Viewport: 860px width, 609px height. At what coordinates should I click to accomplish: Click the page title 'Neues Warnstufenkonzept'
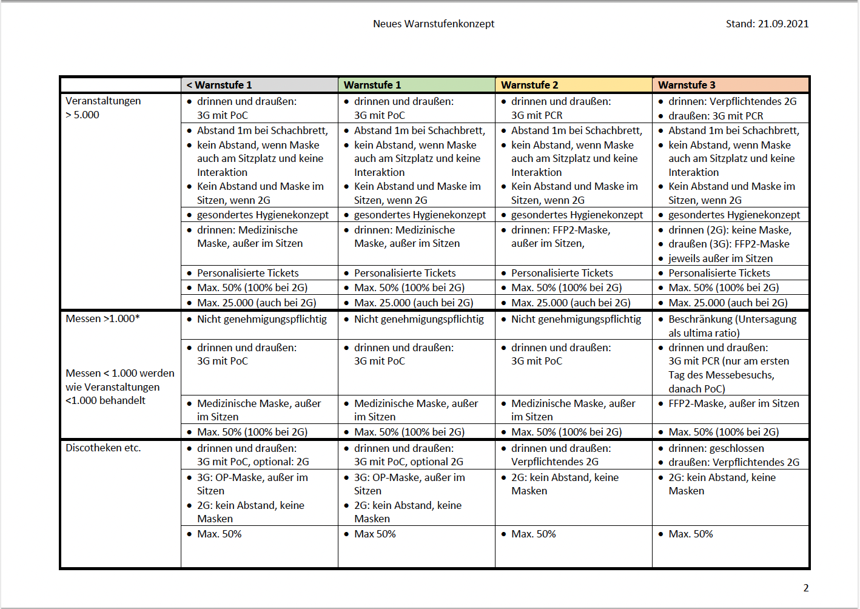(434, 24)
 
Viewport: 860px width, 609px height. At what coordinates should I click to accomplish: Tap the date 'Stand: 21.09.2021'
(767, 24)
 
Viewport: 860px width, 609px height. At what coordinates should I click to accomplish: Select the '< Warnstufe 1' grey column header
(219, 85)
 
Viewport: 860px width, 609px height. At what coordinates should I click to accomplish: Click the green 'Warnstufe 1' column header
(372, 85)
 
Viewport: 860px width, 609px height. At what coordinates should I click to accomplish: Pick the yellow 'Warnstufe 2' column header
(529, 85)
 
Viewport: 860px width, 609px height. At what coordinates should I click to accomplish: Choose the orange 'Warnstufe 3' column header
(687, 85)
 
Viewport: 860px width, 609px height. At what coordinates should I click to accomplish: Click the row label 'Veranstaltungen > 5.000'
(103, 107)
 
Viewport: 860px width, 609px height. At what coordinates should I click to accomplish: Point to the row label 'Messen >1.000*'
(102, 318)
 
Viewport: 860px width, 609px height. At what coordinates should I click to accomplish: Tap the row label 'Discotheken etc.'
(103, 448)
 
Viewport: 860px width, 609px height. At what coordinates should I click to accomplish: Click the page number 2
(805, 588)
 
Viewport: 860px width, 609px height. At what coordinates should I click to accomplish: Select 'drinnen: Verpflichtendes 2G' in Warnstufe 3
(732, 101)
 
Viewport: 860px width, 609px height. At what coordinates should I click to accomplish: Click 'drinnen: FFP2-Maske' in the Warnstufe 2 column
(560, 230)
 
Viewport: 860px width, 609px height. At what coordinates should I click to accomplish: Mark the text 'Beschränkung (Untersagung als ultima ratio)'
(732, 326)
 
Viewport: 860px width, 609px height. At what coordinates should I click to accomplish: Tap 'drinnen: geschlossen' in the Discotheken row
(716, 448)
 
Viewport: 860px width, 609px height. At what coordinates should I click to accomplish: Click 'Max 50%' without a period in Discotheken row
(375, 534)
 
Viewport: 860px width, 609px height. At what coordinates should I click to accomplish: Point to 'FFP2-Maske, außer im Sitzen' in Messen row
(733, 403)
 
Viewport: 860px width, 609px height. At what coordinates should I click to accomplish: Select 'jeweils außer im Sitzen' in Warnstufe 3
(720, 258)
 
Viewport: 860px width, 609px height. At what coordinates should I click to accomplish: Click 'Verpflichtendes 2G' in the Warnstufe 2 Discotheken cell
(554, 462)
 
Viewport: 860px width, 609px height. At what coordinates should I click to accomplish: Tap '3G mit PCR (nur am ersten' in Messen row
(728, 361)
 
